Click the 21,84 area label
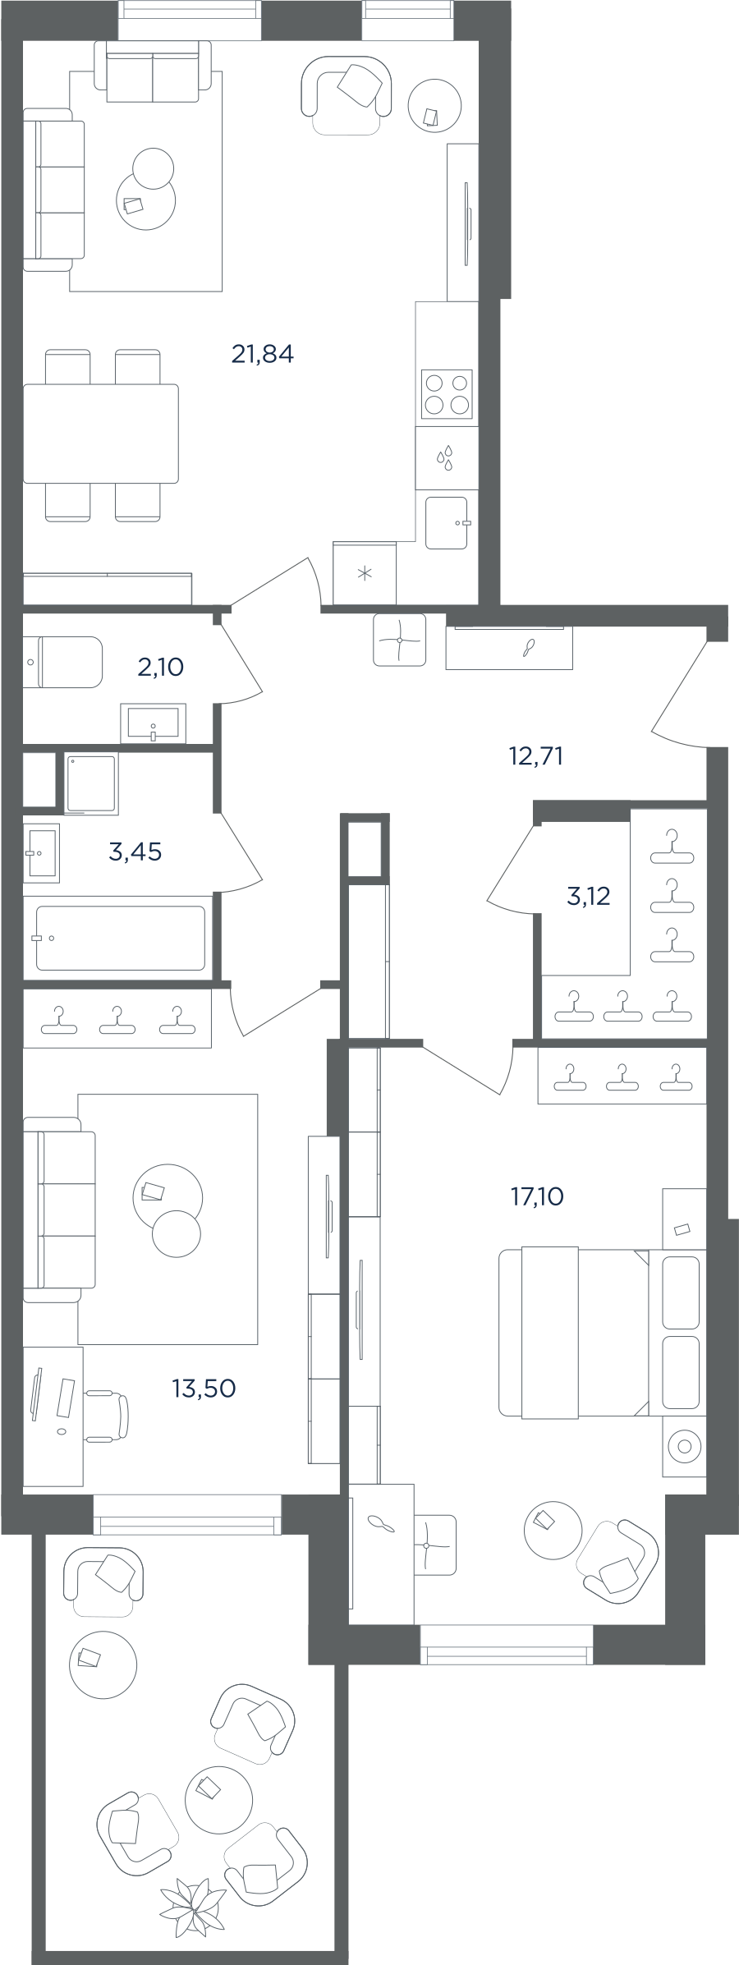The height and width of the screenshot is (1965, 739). pos(263,355)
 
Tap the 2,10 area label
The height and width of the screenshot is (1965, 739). pos(161,667)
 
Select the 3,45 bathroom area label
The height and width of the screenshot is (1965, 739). pos(135,852)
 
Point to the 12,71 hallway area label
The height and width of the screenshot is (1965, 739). pos(536,756)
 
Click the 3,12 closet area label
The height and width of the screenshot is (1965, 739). pos(589,896)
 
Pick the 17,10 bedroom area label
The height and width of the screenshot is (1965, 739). pos(538,1197)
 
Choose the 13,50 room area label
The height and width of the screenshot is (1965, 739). pos(204,1388)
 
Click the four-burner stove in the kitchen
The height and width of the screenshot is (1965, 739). pos(447,394)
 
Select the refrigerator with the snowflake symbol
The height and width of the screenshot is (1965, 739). pos(365,572)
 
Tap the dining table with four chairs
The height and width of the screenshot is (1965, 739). pos(101,434)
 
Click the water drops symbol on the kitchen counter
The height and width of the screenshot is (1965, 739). pos(446,458)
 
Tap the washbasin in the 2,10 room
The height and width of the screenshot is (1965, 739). pos(154,723)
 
